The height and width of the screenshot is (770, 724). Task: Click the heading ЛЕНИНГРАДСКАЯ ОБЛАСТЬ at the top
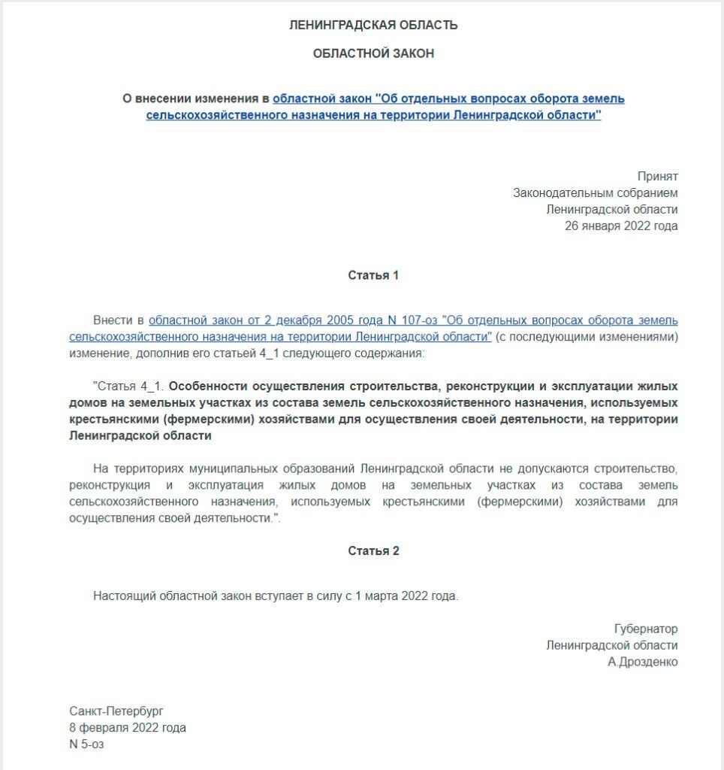(373, 26)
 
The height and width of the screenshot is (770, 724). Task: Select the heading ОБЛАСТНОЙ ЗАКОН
(373, 53)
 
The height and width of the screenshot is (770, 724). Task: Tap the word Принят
(657, 176)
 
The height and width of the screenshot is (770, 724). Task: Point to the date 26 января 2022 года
(621, 226)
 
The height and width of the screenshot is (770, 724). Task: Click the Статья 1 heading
(373, 275)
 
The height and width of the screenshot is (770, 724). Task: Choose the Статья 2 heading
(373, 551)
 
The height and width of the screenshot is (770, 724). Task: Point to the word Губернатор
(646, 629)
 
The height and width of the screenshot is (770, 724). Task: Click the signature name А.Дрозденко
(643, 662)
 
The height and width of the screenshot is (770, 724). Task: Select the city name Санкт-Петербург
(116, 711)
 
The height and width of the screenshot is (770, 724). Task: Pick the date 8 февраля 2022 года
(127, 727)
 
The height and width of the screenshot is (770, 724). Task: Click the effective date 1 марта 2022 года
(406, 596)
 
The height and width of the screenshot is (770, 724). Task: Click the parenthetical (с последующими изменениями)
(587, 336)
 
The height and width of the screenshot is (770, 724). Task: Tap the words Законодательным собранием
(595, 192)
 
